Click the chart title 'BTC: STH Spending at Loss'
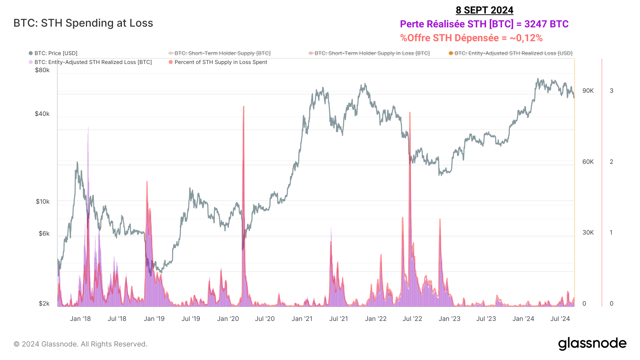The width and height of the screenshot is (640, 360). click(83, 23)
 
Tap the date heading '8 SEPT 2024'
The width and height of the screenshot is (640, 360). click(484, 10)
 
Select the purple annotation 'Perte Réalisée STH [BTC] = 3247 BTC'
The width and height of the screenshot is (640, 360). click(484, 24)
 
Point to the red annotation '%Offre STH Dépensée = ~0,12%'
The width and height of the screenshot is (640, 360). click(471, 38)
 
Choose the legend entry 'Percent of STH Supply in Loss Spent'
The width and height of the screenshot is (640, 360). click(220, 62)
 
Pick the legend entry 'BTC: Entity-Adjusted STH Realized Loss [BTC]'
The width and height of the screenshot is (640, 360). click(93, 62)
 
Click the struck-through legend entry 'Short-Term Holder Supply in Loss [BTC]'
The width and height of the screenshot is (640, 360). click(372, 53)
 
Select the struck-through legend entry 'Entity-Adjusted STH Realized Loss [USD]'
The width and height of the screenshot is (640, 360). click(513, 53)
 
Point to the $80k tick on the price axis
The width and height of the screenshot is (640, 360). click(42, 70)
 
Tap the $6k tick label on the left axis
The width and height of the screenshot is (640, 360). click(44, 233)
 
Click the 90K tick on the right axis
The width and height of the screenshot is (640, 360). click(588, 91)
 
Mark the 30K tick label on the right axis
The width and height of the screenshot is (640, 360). click(588, 232)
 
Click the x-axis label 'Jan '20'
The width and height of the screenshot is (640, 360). click(228, 319)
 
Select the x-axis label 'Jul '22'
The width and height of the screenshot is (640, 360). click(412, 319)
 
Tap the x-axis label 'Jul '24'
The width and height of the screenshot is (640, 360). click(560, 319)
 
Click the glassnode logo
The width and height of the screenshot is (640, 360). click(592, 344)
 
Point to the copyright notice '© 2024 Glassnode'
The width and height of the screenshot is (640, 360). click(80, 344)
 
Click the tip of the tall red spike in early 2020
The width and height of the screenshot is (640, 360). click(244, 106)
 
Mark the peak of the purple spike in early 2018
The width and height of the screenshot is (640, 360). click(88, 127)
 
